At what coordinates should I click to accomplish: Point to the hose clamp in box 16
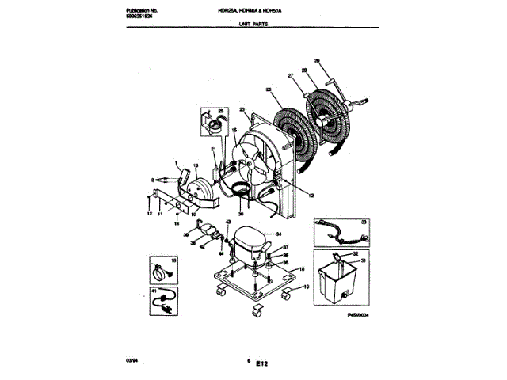click(162, 272)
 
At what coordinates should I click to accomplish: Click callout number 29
click(317, 61)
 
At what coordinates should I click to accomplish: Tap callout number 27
click(290, 76)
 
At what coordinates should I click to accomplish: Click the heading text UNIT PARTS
click(255, 25)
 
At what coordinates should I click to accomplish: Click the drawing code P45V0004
click(359, 314)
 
